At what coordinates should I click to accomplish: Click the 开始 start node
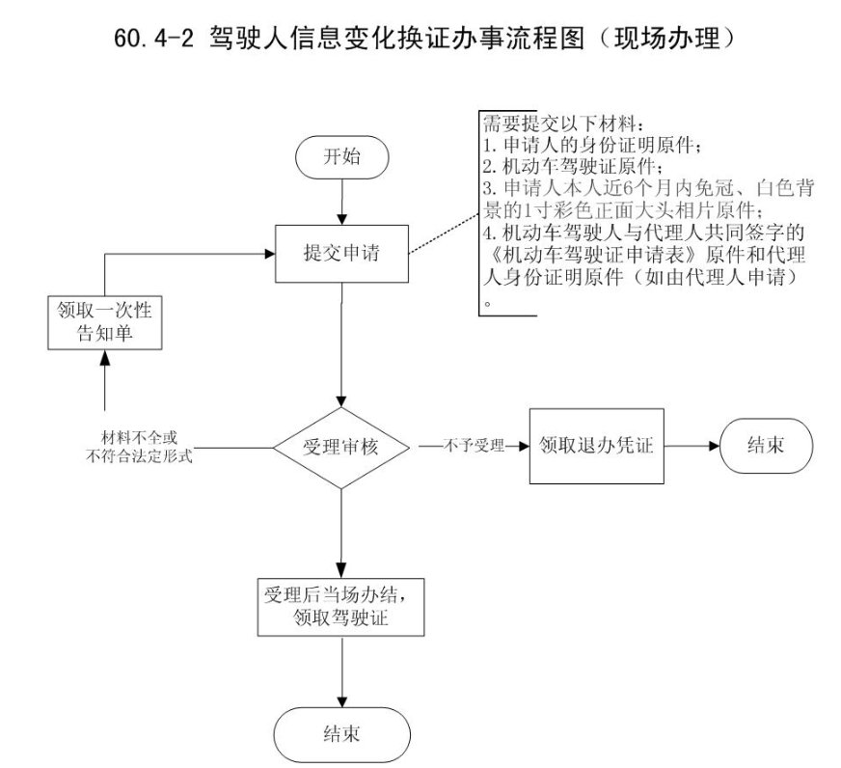click(342, 157)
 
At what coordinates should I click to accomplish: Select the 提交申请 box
click(341, 255)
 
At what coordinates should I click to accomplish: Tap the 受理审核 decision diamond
click(342, 448)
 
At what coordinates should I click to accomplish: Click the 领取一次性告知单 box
click(105, 321)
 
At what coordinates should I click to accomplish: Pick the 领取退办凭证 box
click(597, 447)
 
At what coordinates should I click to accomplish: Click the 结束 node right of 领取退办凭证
click(765, 447)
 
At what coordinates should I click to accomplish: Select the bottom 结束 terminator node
click(342, 734)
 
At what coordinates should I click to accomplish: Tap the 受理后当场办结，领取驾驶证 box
click(342, 605)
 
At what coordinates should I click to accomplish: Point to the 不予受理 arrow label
click(474, 447)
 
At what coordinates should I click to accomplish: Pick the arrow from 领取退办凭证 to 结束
click(692, 447)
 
